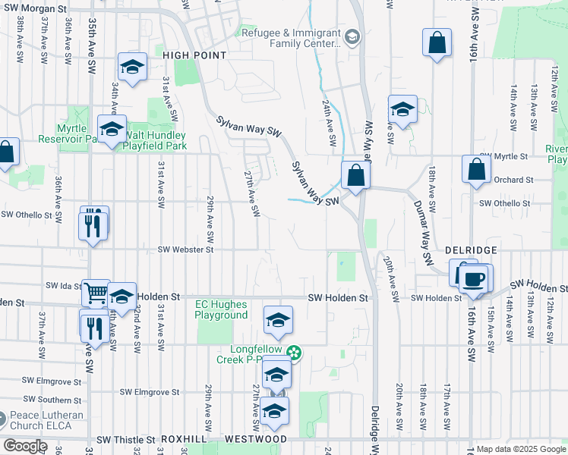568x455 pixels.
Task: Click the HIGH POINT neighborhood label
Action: click(x=194, y=55)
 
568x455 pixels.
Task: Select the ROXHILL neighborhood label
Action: click(x=179, y=439)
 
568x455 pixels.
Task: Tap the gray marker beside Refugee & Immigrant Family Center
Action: click(x=352, y=36)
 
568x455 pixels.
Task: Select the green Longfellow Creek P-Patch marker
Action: click(x=296, y=353)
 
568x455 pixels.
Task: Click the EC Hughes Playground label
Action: click(x=222, y=309)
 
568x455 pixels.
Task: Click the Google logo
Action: click(x=26, y=446)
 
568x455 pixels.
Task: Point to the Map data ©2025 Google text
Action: click(x=521, y=449)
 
